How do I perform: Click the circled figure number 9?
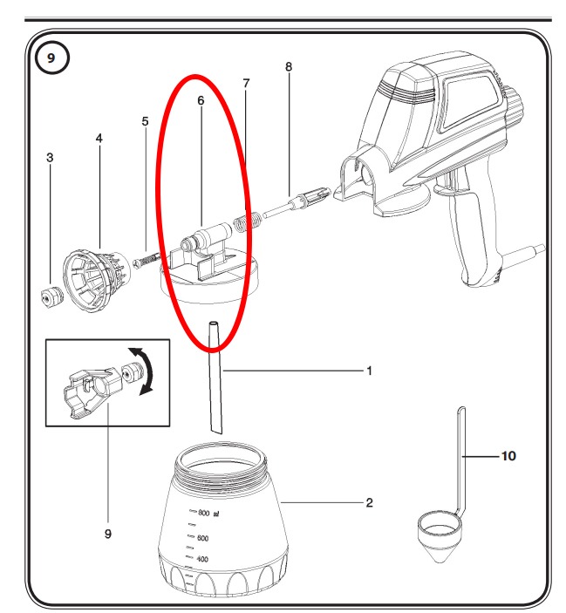coord(51,58)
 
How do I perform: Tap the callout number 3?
coord(50,158)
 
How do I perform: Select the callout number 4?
coord(99,139)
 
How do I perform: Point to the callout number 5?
coord(145,121)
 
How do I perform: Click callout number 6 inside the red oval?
coord(201,100)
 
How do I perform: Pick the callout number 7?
coord(246,83)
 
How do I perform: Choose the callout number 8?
coord(289,67)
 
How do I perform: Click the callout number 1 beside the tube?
coord(370,371)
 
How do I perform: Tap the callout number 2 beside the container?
coord(370,503)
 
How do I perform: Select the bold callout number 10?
coord(508,456)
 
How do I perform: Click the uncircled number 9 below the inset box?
coord(108,534)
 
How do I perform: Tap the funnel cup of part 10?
coord(440,536)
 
